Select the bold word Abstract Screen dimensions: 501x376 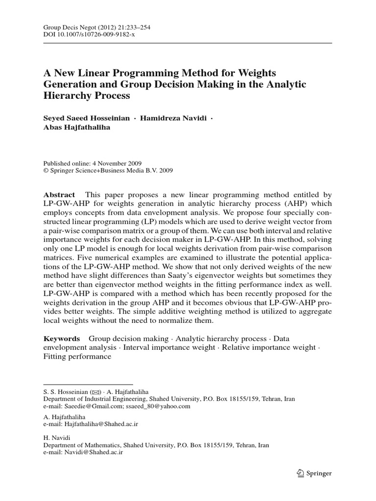click(x=59, y=194)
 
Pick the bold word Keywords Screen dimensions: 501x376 click(x=62, y=338)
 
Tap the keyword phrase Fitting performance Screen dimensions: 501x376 click(x=77, y=357)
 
